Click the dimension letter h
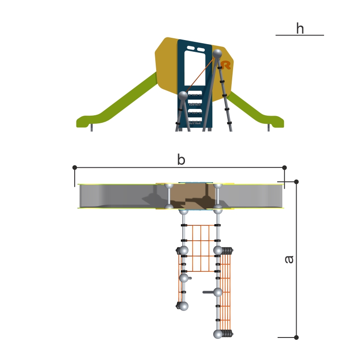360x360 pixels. [300, 28]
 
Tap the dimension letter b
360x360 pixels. [181, 160]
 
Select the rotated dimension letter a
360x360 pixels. [289, 259]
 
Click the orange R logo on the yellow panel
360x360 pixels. [226, 65]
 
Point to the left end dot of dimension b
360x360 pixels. [75, 167]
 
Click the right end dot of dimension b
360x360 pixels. [284, 167]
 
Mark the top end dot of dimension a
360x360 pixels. [297, 182]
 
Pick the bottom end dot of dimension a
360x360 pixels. [297, 337]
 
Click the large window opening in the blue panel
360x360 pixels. [195, 68]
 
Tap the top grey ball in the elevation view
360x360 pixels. [217, 54]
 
